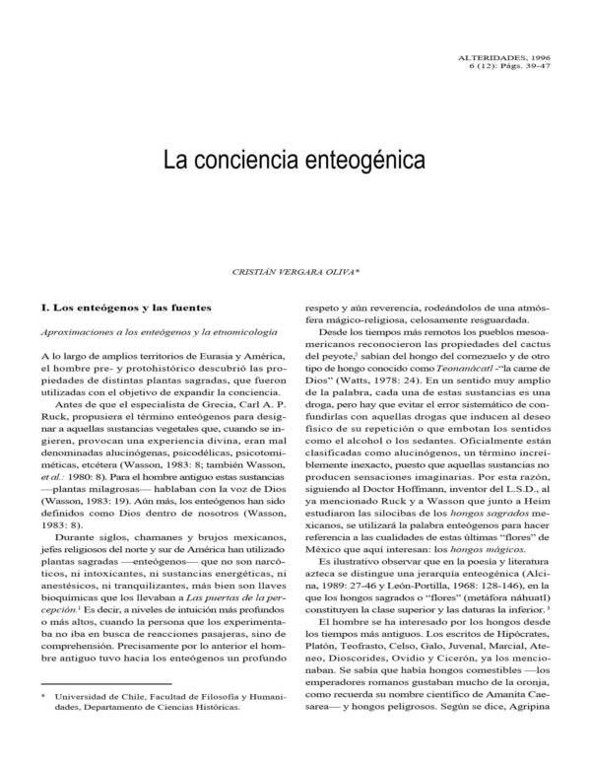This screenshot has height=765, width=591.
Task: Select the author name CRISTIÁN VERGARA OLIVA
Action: point(295,267)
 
